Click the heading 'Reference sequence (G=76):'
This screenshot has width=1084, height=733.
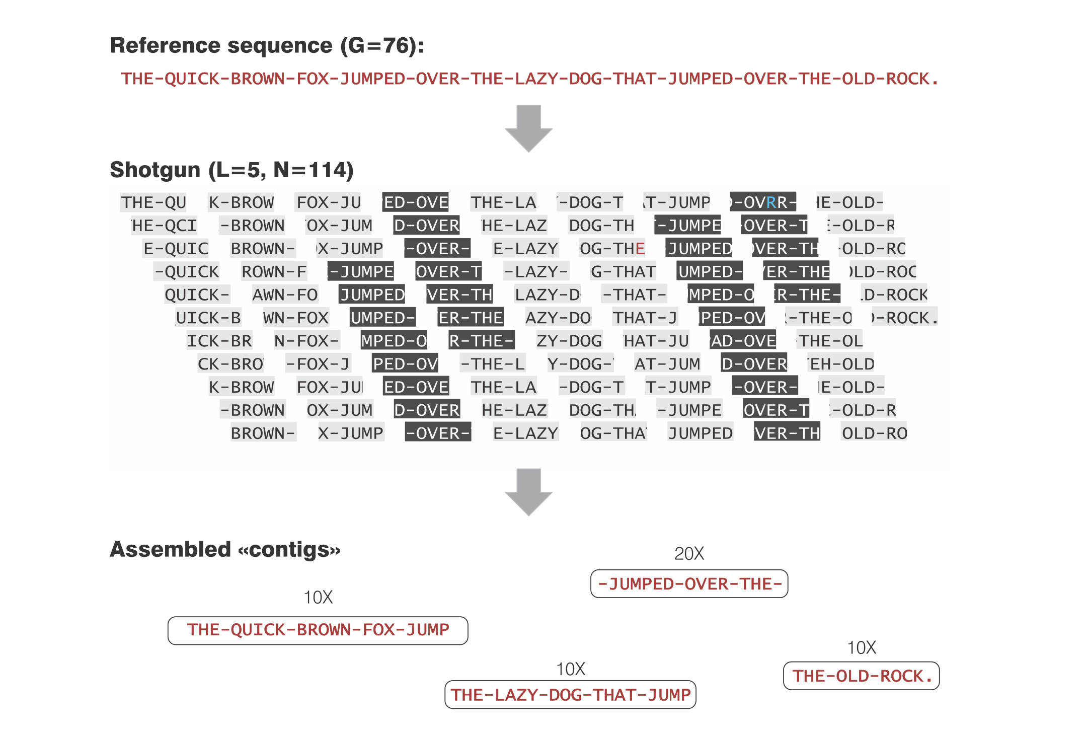point(267,45)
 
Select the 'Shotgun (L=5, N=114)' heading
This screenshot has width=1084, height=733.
point(231,170)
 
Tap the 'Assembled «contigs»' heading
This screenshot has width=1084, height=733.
point(225,549)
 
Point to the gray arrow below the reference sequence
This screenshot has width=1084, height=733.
point(528,128)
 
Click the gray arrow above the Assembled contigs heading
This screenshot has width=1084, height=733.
point(528,491)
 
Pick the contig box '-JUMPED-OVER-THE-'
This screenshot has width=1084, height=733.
point(689,584)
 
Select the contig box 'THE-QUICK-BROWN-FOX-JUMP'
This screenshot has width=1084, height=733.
point(318,630)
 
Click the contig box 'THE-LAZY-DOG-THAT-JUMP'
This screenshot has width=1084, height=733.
point(570,695)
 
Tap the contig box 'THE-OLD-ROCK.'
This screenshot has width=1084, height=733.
point(861,676)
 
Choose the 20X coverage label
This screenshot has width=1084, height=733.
point(689,554)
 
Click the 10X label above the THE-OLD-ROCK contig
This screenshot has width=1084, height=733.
point(861,648)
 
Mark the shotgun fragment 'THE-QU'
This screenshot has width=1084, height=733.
point(153,202)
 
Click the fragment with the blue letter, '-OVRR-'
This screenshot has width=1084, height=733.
point(763,202)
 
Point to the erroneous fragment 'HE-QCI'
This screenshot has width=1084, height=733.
point(164,226)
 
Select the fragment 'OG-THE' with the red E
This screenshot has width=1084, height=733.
point(612,249)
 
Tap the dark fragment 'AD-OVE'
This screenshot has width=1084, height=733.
point(743,341)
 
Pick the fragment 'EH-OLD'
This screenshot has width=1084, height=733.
point(841,364)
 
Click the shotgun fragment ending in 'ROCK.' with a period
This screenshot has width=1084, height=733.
point(904,318)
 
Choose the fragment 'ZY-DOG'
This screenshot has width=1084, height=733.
point(569,341)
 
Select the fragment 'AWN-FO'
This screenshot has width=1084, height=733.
point(285,295)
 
